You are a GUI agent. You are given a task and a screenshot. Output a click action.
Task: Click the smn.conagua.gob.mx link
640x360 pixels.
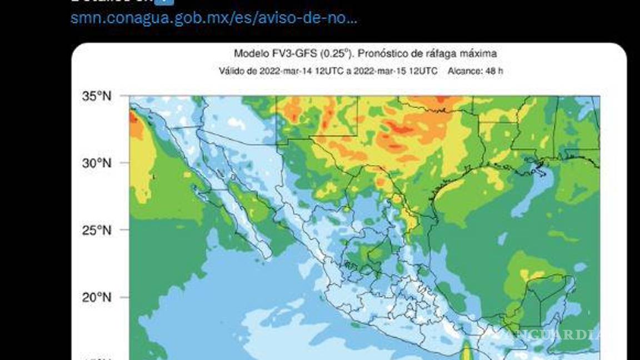click(213, 18)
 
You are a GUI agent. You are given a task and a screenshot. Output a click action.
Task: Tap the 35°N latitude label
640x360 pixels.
click(97, 96)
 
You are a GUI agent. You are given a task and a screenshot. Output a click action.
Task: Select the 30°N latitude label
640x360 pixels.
click(97, 163)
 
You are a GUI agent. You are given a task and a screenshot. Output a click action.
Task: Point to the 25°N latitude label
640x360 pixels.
click(97, 230)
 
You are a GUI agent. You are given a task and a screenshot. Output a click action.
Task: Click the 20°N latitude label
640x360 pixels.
click(97, 297)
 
